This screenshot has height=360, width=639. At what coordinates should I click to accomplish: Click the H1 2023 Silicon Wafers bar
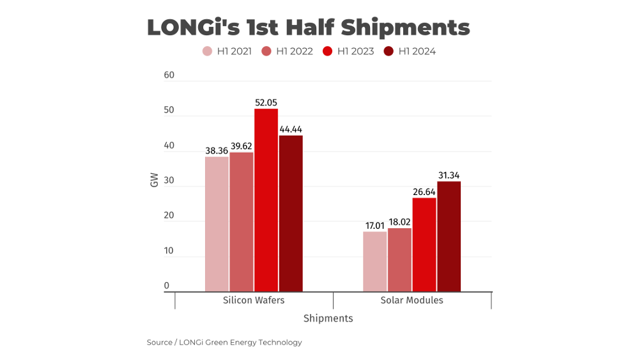tap(266, 200)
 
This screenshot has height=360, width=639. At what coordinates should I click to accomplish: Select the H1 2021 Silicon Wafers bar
tap(217, 224)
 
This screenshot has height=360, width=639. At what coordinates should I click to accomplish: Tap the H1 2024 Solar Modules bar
tap(449, 237)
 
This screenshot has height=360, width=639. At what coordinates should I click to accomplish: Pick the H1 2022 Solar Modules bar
tap(400, 260)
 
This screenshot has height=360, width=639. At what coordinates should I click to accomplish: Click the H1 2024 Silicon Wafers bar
tap(291, 214)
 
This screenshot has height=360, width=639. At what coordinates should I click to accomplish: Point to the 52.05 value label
tap(266, 103)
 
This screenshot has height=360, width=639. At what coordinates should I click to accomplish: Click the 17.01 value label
tap(375, 226)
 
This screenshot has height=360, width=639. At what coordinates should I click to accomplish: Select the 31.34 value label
tap(449, 175)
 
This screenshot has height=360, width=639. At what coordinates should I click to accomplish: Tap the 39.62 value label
tap(242, 146)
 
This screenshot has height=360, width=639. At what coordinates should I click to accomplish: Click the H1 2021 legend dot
tap(208, 51)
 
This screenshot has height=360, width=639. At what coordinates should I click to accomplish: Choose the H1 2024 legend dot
tap(389, 51)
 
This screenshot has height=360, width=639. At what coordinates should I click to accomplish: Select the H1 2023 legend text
tap(356, 51)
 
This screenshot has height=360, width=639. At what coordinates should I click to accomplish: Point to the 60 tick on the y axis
tap(169, 75)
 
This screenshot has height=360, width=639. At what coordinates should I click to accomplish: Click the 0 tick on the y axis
tap(167, 286)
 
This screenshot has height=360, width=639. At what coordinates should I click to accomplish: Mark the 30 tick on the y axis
tap(169, 180)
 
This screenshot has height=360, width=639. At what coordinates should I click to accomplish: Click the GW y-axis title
tap(154, 180)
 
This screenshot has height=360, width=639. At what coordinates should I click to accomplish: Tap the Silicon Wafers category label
tap(254, 301)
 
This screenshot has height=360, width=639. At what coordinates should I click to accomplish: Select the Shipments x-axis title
tap(328, 318)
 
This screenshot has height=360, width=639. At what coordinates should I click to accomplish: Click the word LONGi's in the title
tap(194, 27)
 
